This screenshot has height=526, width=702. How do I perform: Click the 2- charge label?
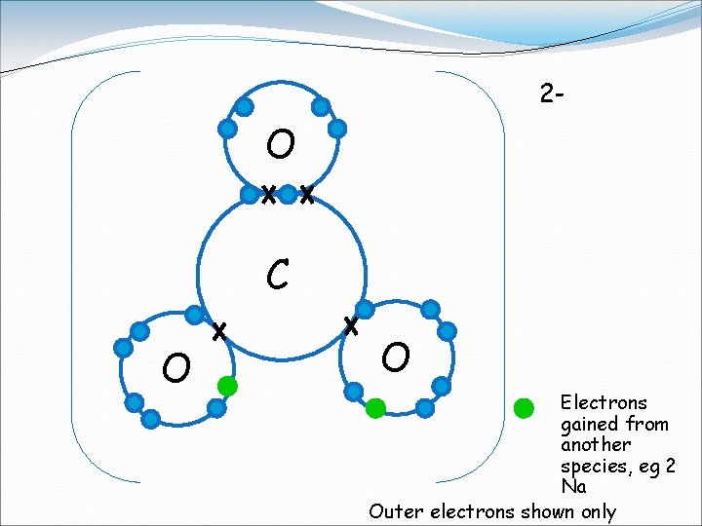point(552,94)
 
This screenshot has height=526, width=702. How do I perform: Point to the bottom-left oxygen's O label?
point(176,367)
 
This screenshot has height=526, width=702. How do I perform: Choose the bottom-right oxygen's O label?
point(396,357)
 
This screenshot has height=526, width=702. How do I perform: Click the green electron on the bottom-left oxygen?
point(227,386)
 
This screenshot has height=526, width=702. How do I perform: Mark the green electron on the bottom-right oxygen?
point(375,408)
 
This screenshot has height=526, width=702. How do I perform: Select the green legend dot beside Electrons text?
point(525,407)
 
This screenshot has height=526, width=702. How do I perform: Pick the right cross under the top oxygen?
point(306,195)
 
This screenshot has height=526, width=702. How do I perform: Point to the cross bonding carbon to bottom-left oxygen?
point(219,331)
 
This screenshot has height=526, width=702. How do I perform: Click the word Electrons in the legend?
point(604,402)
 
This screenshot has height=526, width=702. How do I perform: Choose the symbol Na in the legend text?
point(573,486)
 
